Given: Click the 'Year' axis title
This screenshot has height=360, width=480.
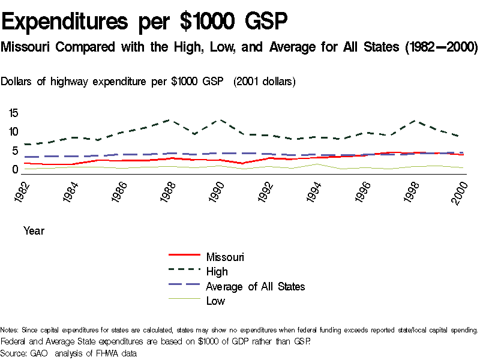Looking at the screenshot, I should click(x=34, y=230).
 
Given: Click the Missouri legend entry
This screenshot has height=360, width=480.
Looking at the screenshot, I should click(x=225, y=257).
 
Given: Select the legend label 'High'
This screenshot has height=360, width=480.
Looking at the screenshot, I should click(x=217, y=272).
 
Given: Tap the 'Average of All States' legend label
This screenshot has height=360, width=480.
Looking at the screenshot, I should click(x=255, y=286).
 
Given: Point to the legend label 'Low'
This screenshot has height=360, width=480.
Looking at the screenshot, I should click(x=215, y=301).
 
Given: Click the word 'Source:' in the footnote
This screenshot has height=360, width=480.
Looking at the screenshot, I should click(x=14, y=353).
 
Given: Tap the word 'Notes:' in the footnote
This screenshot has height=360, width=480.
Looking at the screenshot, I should click(x=10, y=331).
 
